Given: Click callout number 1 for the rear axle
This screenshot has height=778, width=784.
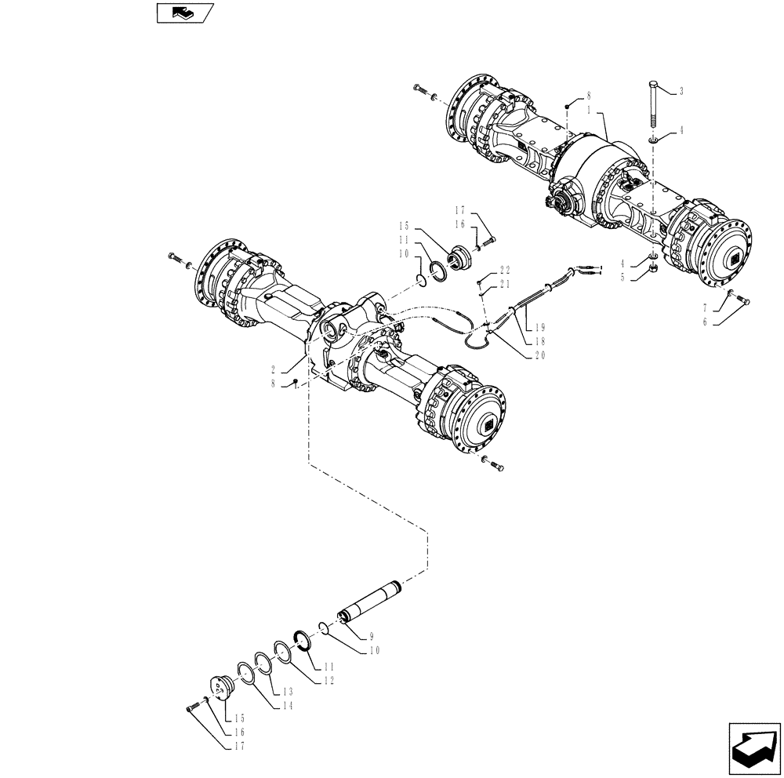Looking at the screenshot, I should click(x=589, y=111).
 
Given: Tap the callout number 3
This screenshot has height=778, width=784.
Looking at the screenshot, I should click(x=681, y=92).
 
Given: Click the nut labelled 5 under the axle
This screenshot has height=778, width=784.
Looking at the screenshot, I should click(x=653, y=271).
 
